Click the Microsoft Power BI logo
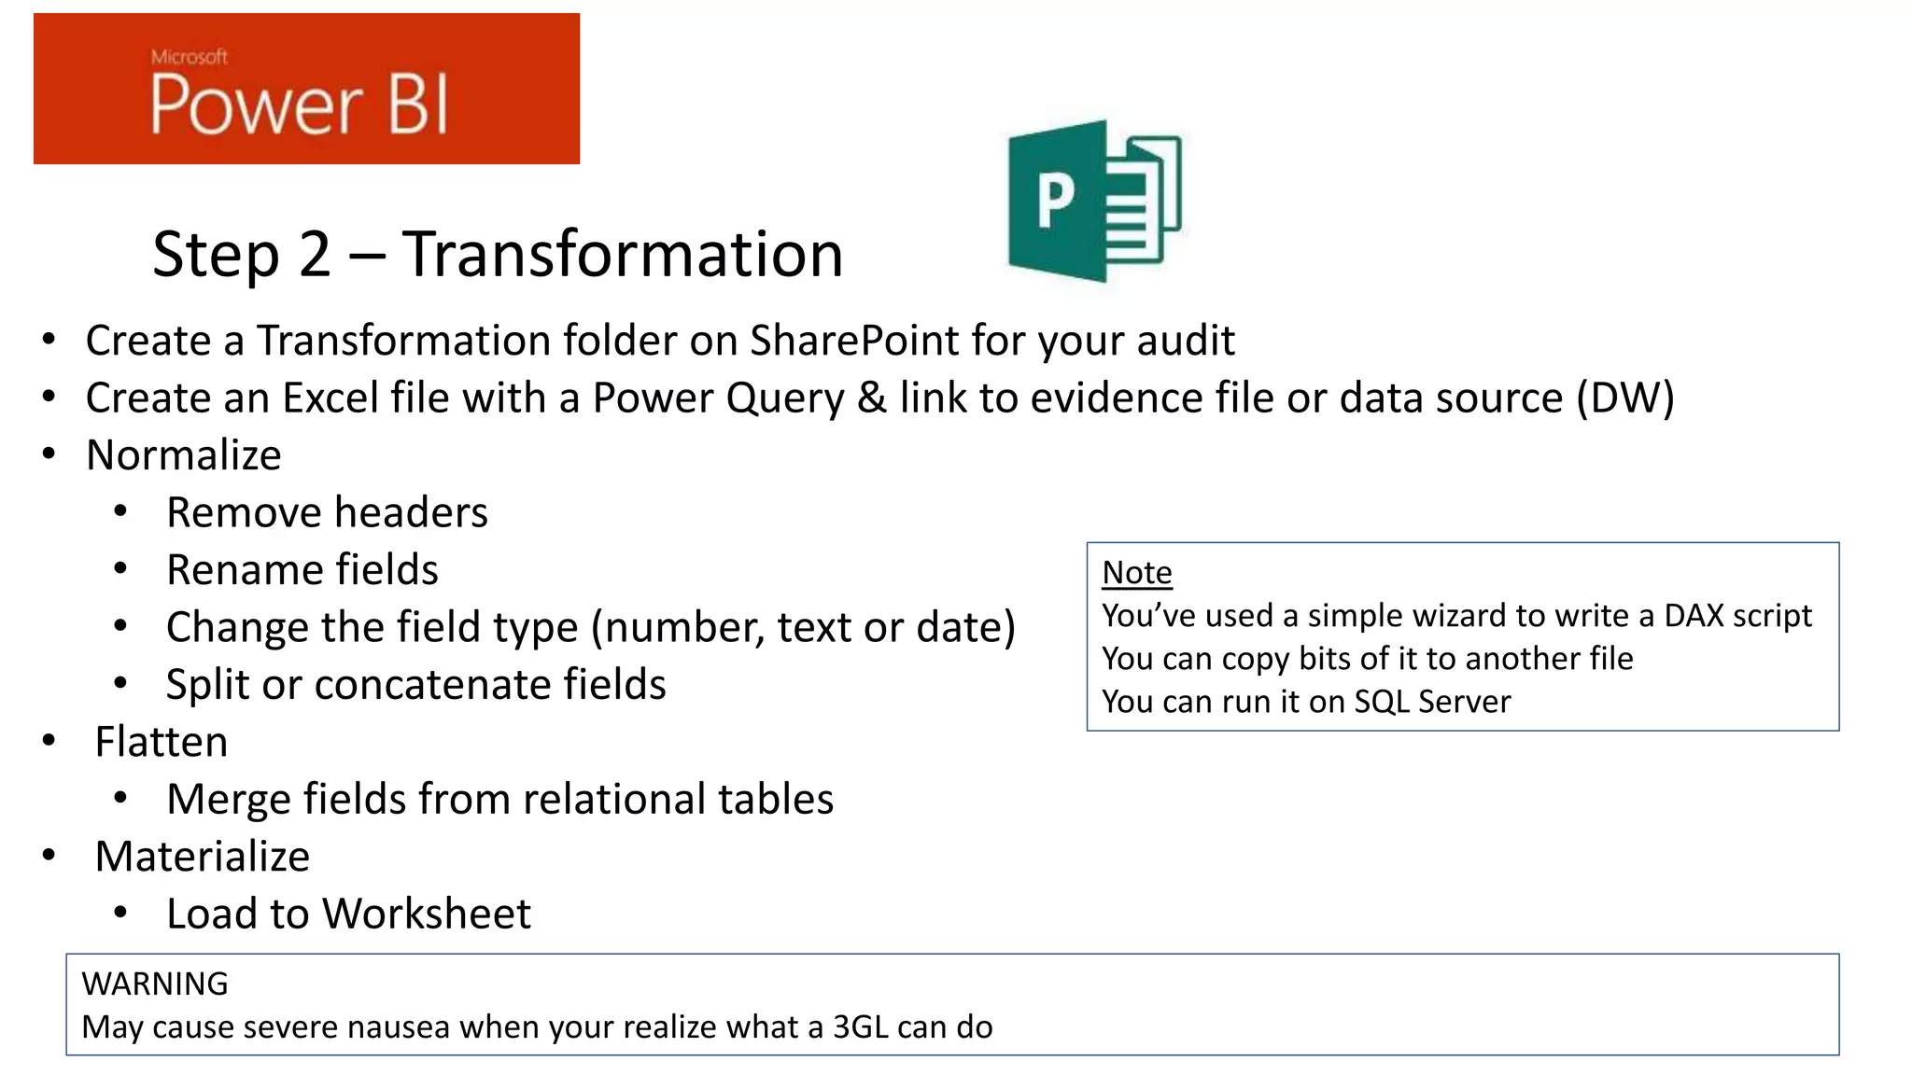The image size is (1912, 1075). tap(306, 90)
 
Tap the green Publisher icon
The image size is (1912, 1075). tap(1094, 201)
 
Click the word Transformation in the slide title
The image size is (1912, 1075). tap(623, 254)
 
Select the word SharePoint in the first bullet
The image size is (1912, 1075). tap(853, 340)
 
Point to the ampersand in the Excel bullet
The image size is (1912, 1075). tap(871, 398)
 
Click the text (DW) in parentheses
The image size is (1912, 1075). tap(1624, 398)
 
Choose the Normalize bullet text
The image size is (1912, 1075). tap(184, 455)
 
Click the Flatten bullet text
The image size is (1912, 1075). tap(162, 742)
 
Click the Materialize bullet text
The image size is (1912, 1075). tap(203, 857)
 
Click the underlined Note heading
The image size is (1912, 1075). tap(1136, 572)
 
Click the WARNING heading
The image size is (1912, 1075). tap(155, 984)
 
